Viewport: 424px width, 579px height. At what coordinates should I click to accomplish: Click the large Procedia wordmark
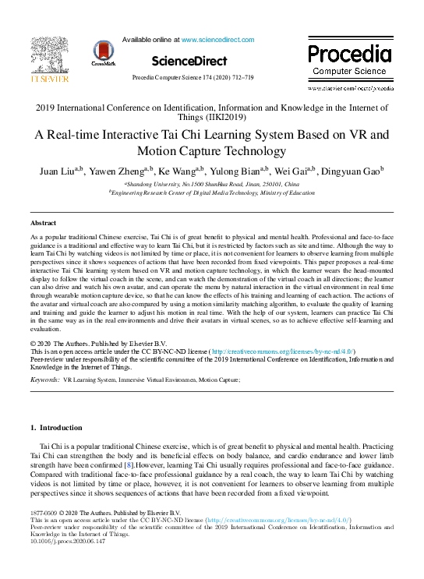(x=349, y=54)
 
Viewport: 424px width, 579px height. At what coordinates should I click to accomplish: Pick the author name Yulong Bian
(x=236, y=171)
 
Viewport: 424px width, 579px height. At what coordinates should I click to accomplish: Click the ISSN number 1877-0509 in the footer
(x=44, y=513)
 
